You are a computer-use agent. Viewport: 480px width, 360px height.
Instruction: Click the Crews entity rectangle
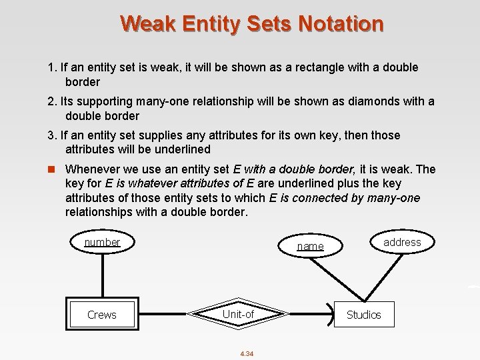(x=102, y=314)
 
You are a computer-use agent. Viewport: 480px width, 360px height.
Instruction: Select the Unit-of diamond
(x=238, y=314)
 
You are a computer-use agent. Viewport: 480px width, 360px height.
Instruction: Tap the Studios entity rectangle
(x=364, y=314)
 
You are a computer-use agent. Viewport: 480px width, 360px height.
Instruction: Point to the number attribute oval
(x=102, y=242)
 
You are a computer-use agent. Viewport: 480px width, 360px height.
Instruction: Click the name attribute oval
(x=310, y=246)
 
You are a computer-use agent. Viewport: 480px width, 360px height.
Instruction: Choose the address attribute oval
(x=402, y=242)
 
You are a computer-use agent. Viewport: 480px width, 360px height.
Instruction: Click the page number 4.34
(x=247, y=353)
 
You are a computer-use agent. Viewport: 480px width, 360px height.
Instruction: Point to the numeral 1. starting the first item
(x=52, y=67)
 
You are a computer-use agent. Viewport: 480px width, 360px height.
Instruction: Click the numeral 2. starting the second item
(x=52, y=101)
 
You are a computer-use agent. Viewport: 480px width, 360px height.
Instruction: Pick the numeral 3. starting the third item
(x=52, y=135)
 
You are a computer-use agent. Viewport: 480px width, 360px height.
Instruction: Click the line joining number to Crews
(x=102, y=277)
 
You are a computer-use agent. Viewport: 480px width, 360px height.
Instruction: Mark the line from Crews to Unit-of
(x=163, y=314)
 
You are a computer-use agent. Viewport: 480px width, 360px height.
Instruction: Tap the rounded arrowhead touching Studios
(x=330, y=314)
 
